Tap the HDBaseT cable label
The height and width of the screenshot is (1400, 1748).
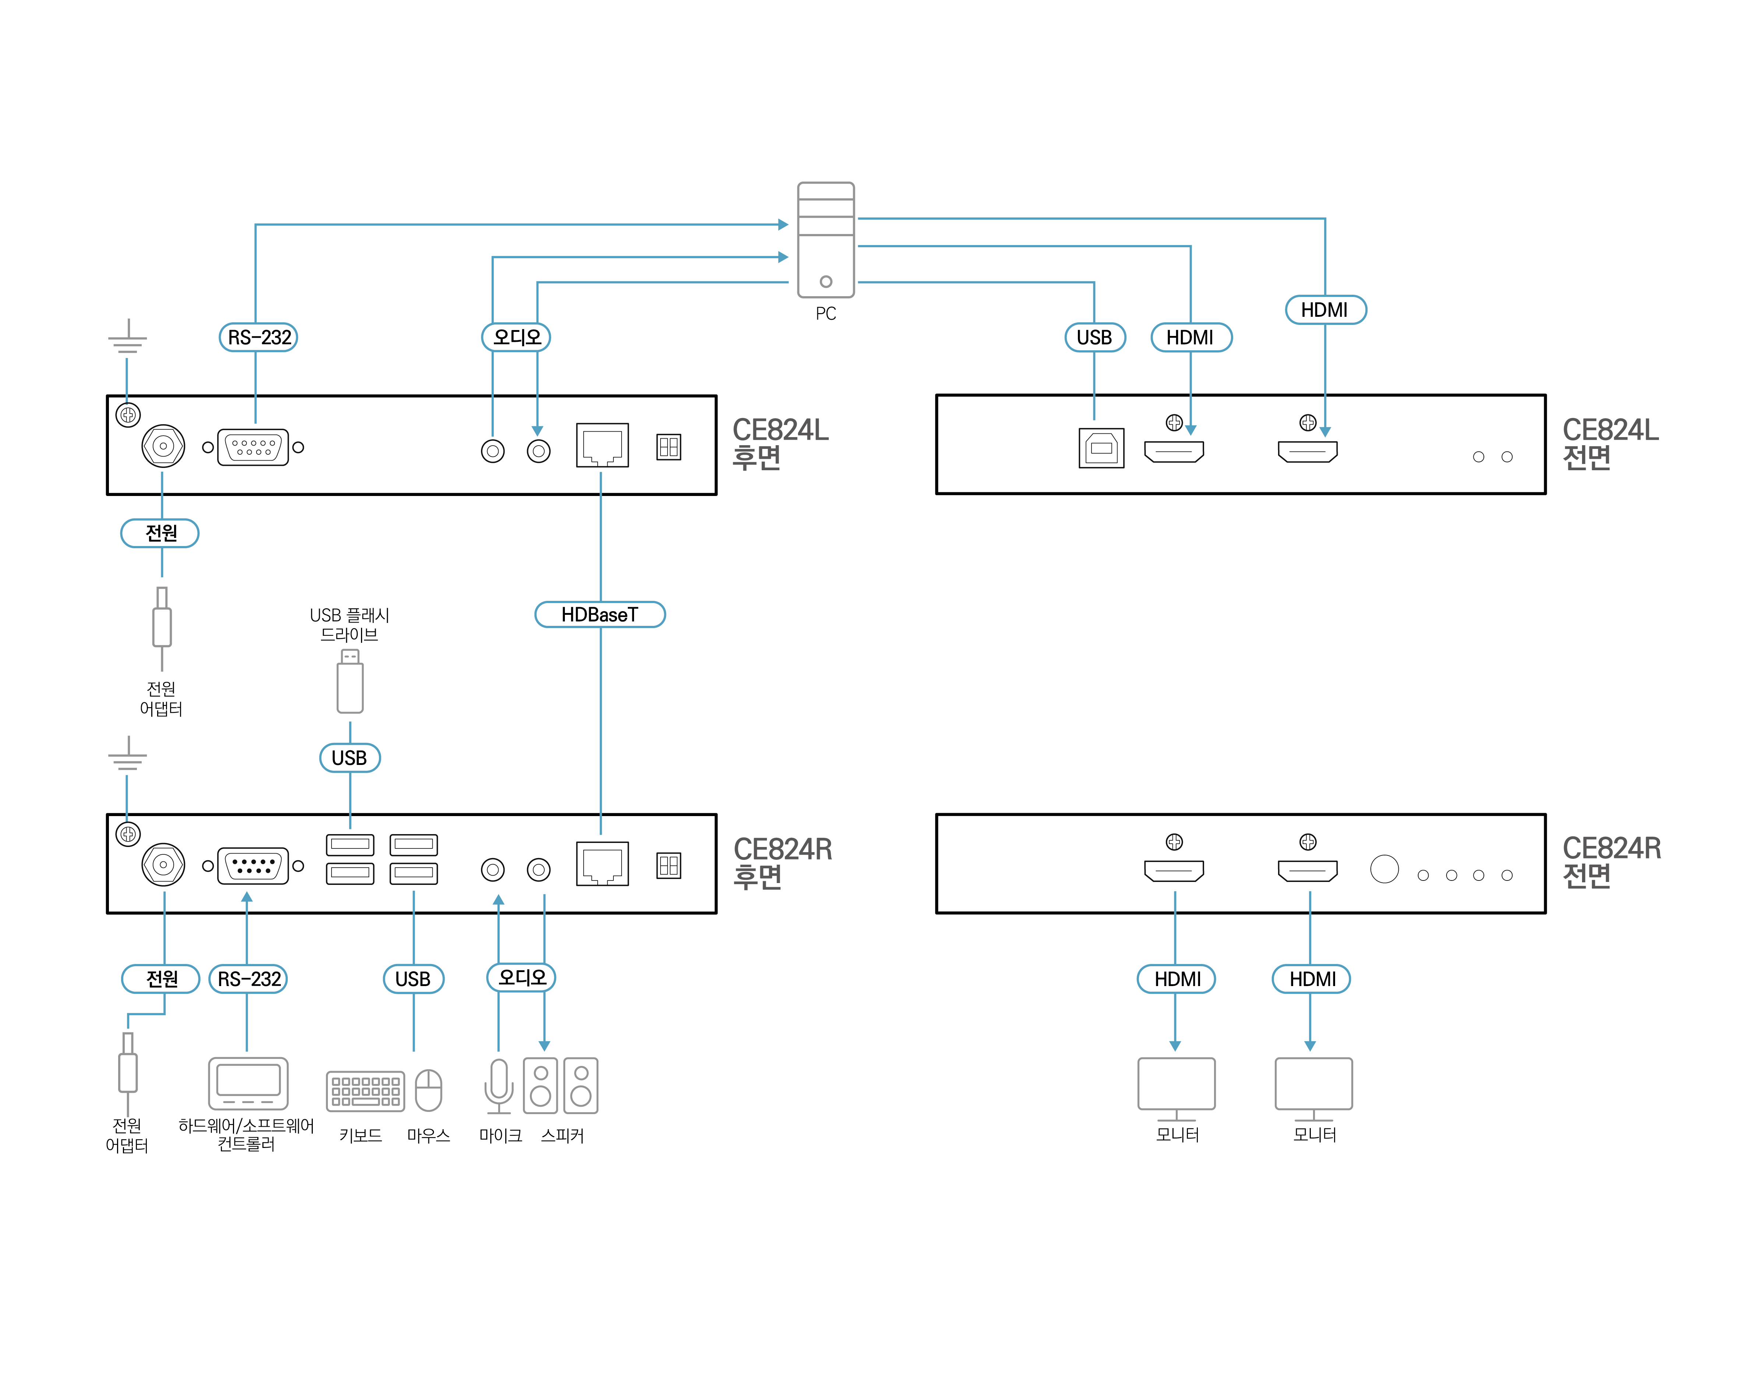pos(600,614)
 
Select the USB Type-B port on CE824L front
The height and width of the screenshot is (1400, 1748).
pos(1101,447)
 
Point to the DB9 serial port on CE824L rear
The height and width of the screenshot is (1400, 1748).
pos(253,447)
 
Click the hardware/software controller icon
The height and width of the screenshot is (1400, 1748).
pos(248,1083)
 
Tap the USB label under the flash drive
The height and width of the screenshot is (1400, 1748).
pos(350,758)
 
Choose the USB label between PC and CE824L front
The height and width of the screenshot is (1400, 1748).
pos(1094,337)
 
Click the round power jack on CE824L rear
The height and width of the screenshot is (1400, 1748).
pos(163,446)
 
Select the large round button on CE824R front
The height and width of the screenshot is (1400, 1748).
pos(1384,869)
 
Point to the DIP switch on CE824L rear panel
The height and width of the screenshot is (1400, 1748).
pos(669,447)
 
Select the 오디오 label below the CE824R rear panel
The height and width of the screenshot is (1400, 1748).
pos(521,978)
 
